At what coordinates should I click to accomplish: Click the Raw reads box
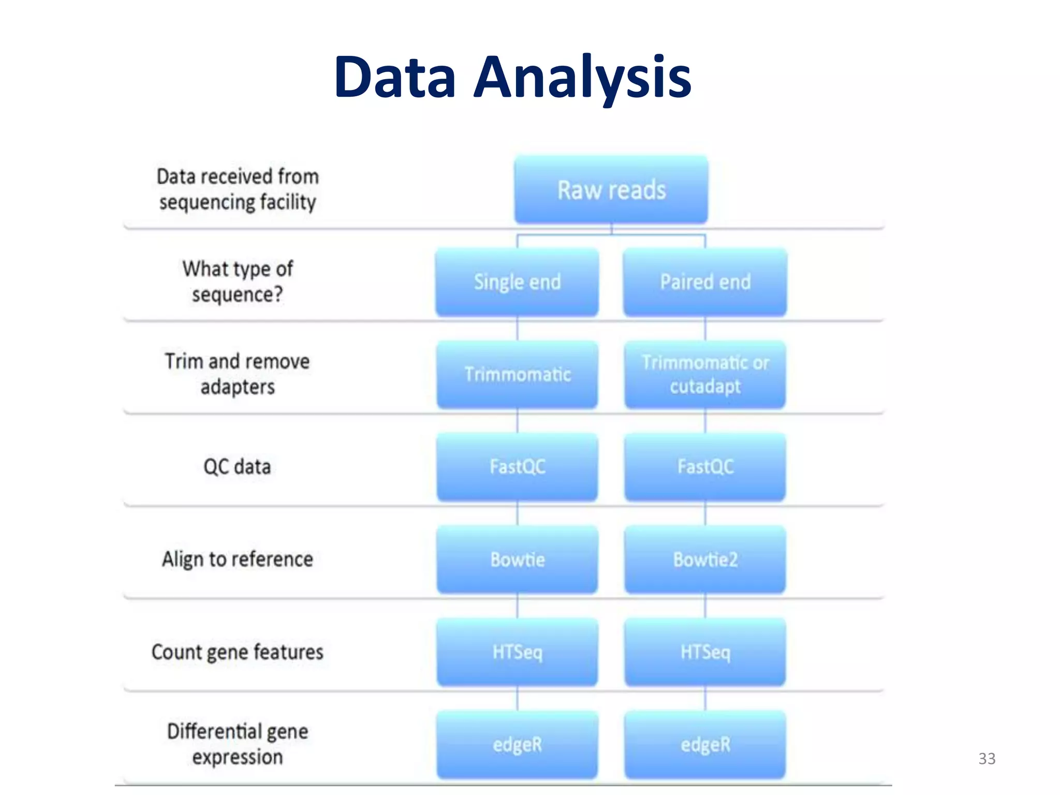click(611, 189)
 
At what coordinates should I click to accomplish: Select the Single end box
click(517, 282)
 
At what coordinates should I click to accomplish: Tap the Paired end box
click(705, 282)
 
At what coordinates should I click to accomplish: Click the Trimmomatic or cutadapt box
click(705, 374)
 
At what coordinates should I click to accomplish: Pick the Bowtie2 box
click(705, 560)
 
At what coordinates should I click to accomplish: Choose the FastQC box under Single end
click(517, 467)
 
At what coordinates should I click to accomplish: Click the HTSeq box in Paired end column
click(705, 652)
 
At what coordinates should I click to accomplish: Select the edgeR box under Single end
click(517, 744)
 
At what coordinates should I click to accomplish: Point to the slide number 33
click(987, 759)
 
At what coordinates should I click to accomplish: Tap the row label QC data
click(237, 467)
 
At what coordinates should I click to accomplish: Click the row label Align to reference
click(237, 560)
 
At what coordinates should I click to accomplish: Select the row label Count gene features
click(237, 652)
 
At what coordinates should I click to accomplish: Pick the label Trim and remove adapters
click(237, 374)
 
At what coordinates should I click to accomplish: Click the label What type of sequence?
click(237, 282)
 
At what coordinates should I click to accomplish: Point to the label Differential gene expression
click(237, 744)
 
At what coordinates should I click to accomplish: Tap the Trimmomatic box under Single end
click(517, 374)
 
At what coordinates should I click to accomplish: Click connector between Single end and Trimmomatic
click(517, 329)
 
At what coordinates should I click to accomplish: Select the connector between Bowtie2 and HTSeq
click(705, 606)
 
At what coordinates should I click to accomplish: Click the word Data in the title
click(395, 78)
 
